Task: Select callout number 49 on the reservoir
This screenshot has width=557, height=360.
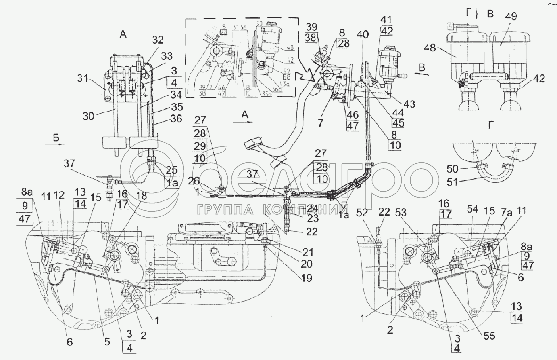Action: (x=511, y=16)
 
